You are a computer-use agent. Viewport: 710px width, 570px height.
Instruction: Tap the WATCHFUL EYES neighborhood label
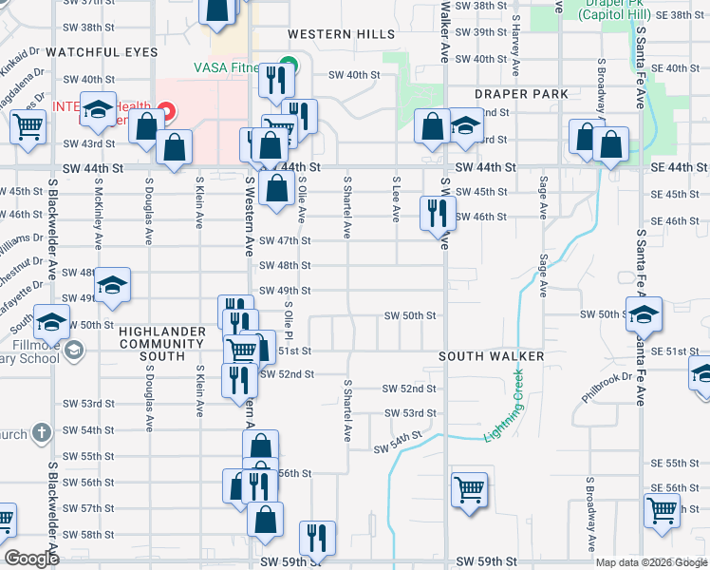[x=102, y=51]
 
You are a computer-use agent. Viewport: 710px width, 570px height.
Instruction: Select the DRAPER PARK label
[x=523, y=94]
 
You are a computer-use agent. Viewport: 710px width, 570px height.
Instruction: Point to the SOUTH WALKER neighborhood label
[x=491, y=356]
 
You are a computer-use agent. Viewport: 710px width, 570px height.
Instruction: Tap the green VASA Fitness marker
[x=291, y=66]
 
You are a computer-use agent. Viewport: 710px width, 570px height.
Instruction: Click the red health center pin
[x=167, y=112]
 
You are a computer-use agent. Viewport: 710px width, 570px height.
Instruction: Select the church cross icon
[x=40, y=433]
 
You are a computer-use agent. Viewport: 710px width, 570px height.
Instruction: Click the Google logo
[x=32, y=558]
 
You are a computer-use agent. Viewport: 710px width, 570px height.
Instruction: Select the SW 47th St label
[x=292, y=241]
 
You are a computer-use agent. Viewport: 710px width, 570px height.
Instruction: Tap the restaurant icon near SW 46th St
[x=438, y=214]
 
